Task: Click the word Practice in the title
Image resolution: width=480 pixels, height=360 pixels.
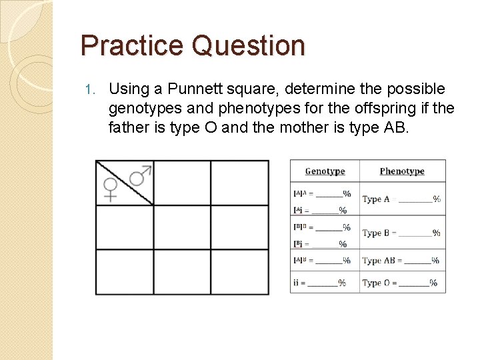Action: click(132, 46)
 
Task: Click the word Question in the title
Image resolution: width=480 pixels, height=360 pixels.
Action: click(247, 46)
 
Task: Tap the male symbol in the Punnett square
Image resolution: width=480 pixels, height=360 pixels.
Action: click(140, 175)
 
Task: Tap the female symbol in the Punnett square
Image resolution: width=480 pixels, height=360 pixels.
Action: click(110, 189)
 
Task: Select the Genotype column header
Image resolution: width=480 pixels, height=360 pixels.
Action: click(325, 171)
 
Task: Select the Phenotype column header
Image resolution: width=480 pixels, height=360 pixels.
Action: click(402, 171)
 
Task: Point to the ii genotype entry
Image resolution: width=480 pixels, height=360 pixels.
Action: click(319, 283)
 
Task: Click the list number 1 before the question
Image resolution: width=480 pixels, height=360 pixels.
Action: click(93, 89)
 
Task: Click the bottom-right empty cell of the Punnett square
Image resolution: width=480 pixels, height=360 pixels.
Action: click(240, 271)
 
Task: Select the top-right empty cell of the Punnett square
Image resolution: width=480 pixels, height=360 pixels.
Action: click(240, 183)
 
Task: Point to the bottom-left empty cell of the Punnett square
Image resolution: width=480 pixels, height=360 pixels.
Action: click(125, 271)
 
